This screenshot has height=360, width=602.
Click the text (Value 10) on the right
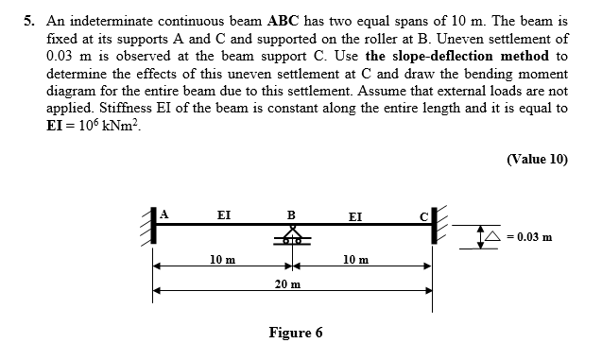(537, 159)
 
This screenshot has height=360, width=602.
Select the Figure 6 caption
(295, 333)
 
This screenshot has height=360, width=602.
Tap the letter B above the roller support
(291, 214)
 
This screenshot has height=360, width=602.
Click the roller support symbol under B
(292, 236)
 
